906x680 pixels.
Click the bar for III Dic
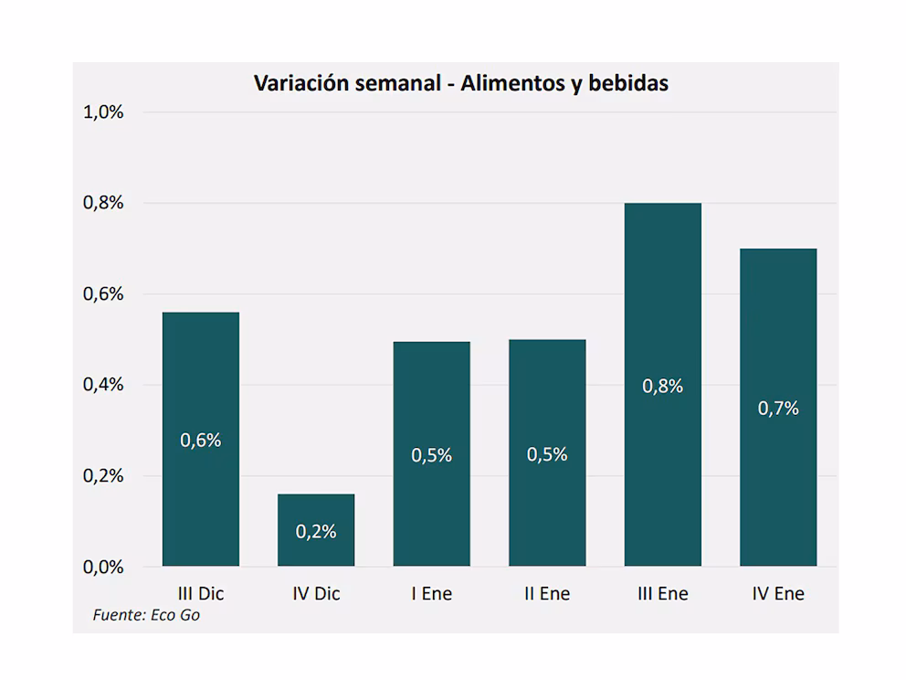pyautogui.click(x=201, y=439)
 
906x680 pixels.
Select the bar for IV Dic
pyautogui.click(x=316, y=530)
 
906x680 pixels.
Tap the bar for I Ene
pyautogui.click(x=432, y=454)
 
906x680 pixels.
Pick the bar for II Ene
pyautogui.click(x=547, y=452)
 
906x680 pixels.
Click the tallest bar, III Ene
pyautogui.click(x=663, y=385)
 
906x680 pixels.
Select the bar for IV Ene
pyautogui.click(x=778, y=407)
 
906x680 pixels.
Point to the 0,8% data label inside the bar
pyautogui.click(x=663, y=387)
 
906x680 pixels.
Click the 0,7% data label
pyautogui.click(x=778, y=409)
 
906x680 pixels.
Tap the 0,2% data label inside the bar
pyautogui.click(x=316, y=531)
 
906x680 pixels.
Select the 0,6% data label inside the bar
pyautogui.click(x=201, y=441)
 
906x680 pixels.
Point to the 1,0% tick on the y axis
pyautogui.click(x=103, y=112)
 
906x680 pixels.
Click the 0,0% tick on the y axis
pyautogui.click(x=103, y=568)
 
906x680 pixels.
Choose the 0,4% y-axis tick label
pyautogui.click(x=103, y=385)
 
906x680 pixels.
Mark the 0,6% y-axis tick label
pyautogui.click(x=103, y=294)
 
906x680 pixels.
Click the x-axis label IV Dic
pyautogui.click(x=316, y=594)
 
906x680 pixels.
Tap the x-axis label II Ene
pyautogui.click(x=547, y=594)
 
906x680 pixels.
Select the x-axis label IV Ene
pyautogui.click(x=778, y=594)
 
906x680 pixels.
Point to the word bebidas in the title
pyautogui.click(x=628, y=83)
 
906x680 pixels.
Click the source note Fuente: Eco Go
pyautogui.click(x=146, y=615)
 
